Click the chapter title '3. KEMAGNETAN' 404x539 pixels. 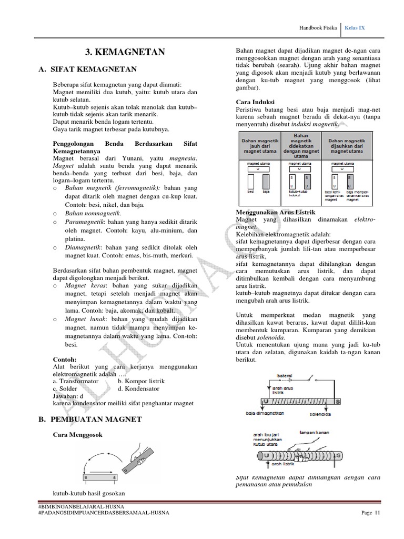[x=125, y=52]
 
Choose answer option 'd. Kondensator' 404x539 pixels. [x=138, y=388]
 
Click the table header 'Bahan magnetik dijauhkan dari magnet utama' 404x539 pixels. [x=346, y=146]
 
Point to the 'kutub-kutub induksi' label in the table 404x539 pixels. [x=298, y=194]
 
